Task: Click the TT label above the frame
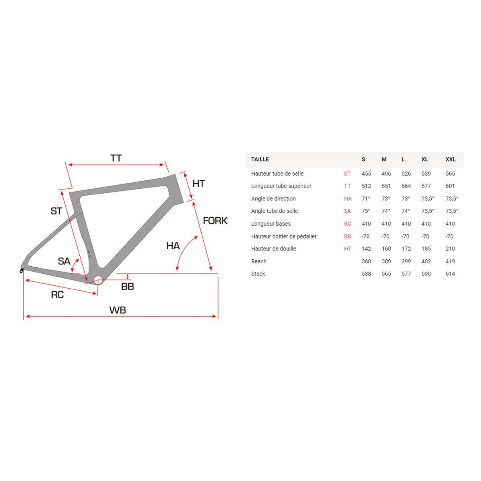[116, 158]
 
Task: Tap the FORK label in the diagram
[215, 220]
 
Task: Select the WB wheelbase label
[117, 310]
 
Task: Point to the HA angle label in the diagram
[173, 245]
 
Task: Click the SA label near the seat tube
[64, 261]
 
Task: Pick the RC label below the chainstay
[57, 295]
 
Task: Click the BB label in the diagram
[127, 286]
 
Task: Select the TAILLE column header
[260, 160]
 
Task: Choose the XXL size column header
[451, 160]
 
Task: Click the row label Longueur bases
[271, 224]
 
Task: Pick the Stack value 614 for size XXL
[450, 274]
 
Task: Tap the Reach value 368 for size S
[366, 261]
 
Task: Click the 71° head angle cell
[366, 199]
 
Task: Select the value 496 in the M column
[386, 174]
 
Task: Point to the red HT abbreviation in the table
[348, 249]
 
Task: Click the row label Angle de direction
[273, 199]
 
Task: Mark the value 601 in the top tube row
[450, 186]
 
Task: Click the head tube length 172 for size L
[406, 249]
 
